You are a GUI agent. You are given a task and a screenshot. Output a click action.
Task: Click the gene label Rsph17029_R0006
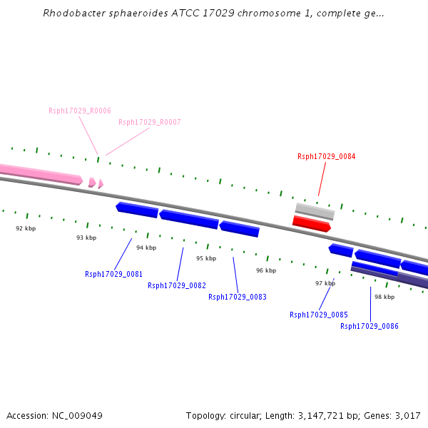pyautogui.click(x=80, y=111)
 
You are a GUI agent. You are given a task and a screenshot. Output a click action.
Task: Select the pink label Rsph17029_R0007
pyautogui.click(x=150, y=122)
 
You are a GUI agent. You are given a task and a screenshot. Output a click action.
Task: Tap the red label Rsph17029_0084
pyautogui.click(x=327, y=156)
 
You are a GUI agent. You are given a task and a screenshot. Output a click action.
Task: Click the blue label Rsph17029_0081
pyautogui.click(x=114, y=274)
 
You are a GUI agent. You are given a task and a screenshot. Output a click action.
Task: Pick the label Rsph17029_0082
pyautogui.click(x=177, y=285)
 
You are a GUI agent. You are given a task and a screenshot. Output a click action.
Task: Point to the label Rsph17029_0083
pyautogui.click(x=238, y=297)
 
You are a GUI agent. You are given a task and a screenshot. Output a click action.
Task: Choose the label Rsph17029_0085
pyautogui.click(x=319, y=315)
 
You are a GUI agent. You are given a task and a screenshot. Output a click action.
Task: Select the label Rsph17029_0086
pyautogui.click(x=370, y=326)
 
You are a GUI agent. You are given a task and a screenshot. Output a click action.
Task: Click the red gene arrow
pyautogui.click(x=312, y=224)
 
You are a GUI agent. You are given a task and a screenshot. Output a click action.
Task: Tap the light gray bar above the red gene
pyautogui.click(x=315, y=211)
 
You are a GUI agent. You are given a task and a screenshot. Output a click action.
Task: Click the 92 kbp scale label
pyautogui.click(x=26, y=228)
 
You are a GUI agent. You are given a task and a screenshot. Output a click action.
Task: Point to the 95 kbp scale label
pyautogui.click(x=206, y=258)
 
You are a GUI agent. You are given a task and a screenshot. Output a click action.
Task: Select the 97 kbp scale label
pyautogui.click(x=325, y=283)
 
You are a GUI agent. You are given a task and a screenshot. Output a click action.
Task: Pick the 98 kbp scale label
pyautogui.click(x=384, y=297)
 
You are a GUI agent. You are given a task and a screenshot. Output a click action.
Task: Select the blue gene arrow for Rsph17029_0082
pyautogui.click(x=189, y=220)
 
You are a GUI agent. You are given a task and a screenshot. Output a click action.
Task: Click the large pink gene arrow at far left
pyautogui.click(x=41, y=175)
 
